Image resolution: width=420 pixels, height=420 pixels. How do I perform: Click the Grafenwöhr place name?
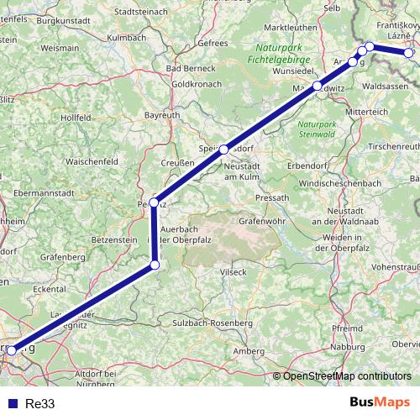(258, 222)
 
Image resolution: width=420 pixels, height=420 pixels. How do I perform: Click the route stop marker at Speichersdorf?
(223, 149)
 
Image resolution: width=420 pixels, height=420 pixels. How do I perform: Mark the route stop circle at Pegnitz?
(155, 203)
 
